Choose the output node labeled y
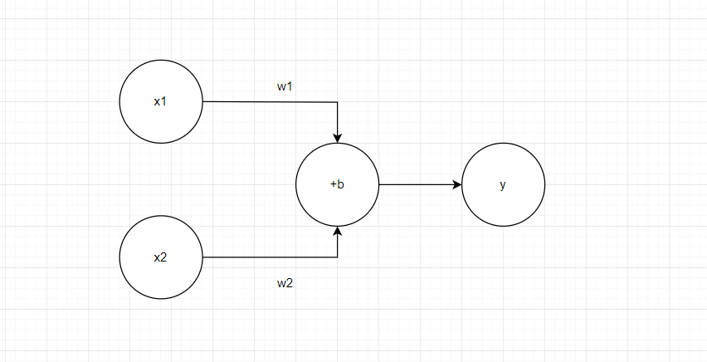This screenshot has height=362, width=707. [x=503, y=184]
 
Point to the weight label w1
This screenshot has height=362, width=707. [x=285, y=86]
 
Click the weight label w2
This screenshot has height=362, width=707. [x=285, y=283]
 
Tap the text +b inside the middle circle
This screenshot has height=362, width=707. [x=337, y=184]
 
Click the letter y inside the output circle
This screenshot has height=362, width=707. [x=503, y=184]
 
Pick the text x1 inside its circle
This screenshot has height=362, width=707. [x=161, y=101]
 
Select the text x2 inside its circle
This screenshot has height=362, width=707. [x=161, y=257]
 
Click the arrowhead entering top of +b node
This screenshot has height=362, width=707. [x=338, y=138]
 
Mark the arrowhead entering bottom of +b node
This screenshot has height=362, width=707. [x=338, y=231]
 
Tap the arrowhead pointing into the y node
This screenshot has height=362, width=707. [x=457, y=184]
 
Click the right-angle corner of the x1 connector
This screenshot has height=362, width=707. [x=338, y=102]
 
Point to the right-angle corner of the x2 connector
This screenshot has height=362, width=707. [x=338, y=257]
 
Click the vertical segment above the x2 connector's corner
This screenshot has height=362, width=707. [x=338, y=246]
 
